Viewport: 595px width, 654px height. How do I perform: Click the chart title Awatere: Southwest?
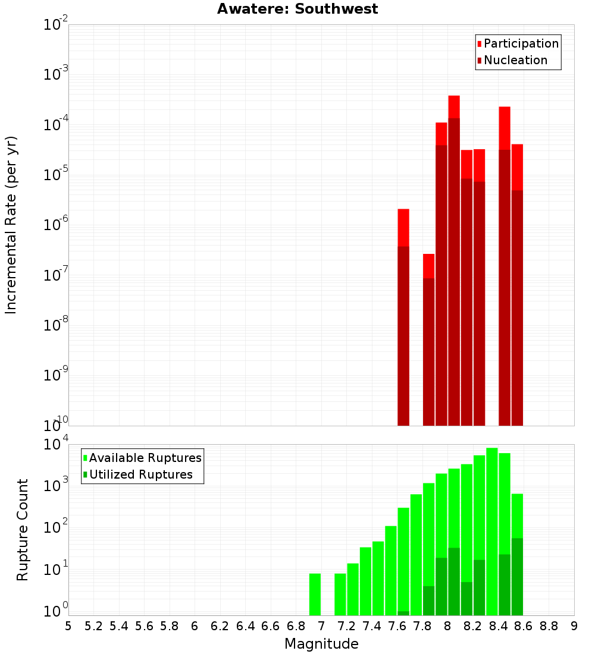coord(297,9)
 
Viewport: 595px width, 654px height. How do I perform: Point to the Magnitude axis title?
coord(321,644)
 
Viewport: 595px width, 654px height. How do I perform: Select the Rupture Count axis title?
coord(23,530)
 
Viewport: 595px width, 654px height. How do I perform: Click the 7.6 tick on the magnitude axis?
coord(397,626)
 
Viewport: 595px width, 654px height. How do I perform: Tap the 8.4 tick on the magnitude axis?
coord(499,626)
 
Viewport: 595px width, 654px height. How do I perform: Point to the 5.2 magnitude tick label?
coord(94,626)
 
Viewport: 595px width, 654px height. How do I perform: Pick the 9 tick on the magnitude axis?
coord(574,626)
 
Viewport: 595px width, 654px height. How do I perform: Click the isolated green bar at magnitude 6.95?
coord(315,595)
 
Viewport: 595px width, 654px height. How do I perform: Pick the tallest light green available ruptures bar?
coord(492,529)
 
